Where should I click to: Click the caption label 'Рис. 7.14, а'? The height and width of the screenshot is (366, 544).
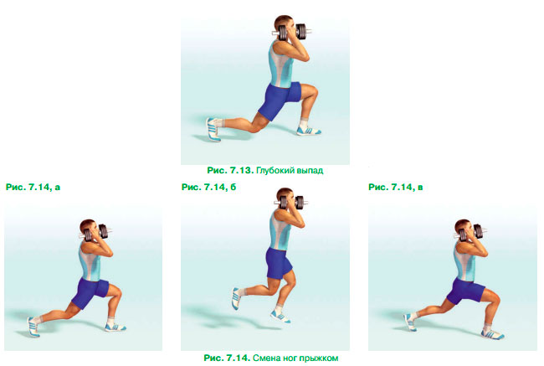point(33,187)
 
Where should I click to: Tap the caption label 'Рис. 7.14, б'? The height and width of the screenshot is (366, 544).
point(208,187)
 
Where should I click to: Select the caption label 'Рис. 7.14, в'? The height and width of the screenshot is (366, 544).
point(396,187)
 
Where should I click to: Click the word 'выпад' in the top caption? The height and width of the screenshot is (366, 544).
point(310,171)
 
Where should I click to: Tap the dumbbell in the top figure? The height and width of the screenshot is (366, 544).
point(292,32)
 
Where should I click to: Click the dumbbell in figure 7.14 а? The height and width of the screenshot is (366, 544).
point(95,232)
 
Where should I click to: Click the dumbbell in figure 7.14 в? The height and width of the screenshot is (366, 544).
point(470,232)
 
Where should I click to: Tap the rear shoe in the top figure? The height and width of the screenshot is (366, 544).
point(213,130)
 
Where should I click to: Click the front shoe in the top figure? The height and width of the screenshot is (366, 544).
point(308,130)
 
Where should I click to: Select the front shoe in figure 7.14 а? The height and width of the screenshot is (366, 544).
point(115,327)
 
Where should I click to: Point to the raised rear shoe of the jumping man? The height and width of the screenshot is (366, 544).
point(236,298)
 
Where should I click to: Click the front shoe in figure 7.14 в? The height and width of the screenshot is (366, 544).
point(492,334)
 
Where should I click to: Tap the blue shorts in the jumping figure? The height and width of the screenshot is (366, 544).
point(279,262)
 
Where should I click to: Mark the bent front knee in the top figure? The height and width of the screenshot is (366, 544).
point(313,91)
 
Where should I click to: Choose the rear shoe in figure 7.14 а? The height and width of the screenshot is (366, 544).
point(33,327)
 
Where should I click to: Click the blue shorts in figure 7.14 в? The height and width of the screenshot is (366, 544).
point(464,292)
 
